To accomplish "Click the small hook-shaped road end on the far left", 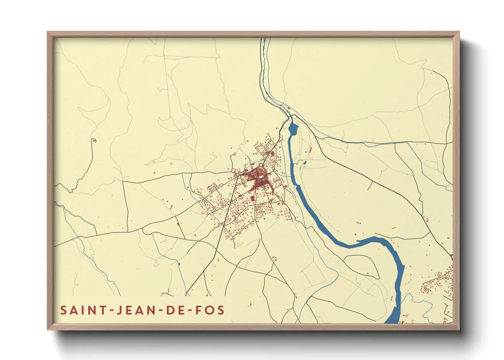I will [x=94, y=140].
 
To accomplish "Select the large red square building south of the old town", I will [x=252, y=198].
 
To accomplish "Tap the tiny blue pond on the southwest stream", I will [x=179, y=263].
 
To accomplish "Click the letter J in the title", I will [x=119, y=310].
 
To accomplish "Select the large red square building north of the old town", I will [x=272, y=153].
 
